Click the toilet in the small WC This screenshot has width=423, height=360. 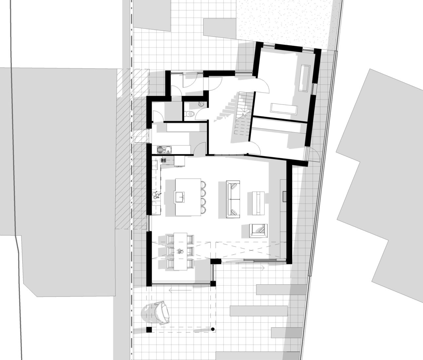(189, 114)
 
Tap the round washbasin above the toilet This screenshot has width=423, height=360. (201, 104)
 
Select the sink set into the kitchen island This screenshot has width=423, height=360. (180, 197)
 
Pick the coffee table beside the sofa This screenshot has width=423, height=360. (259, 203)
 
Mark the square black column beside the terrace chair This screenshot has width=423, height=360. (149, 330)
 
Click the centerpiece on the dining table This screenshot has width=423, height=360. (180, 251)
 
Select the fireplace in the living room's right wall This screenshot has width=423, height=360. (284, 196)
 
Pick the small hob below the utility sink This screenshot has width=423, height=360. (163, 160)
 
